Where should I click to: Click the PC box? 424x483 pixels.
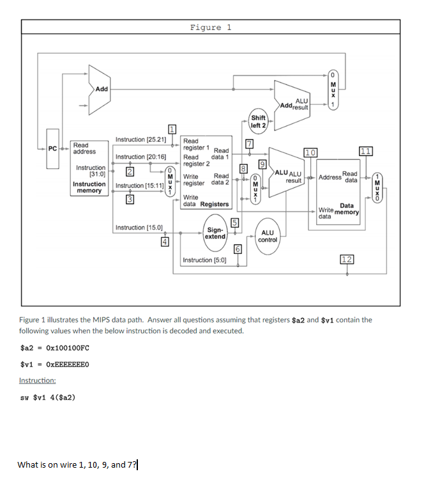pos(54,149)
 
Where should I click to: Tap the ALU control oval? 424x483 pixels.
pos(267,236)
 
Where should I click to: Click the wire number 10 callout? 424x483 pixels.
pos(310,152)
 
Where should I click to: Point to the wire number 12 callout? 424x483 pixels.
pos(347,259)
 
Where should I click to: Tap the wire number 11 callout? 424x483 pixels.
pos(365,151)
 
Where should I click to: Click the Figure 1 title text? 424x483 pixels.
pos(211,28)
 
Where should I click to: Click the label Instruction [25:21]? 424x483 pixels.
pos(140,139)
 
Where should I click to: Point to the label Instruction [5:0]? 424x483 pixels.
pos(204,260)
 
